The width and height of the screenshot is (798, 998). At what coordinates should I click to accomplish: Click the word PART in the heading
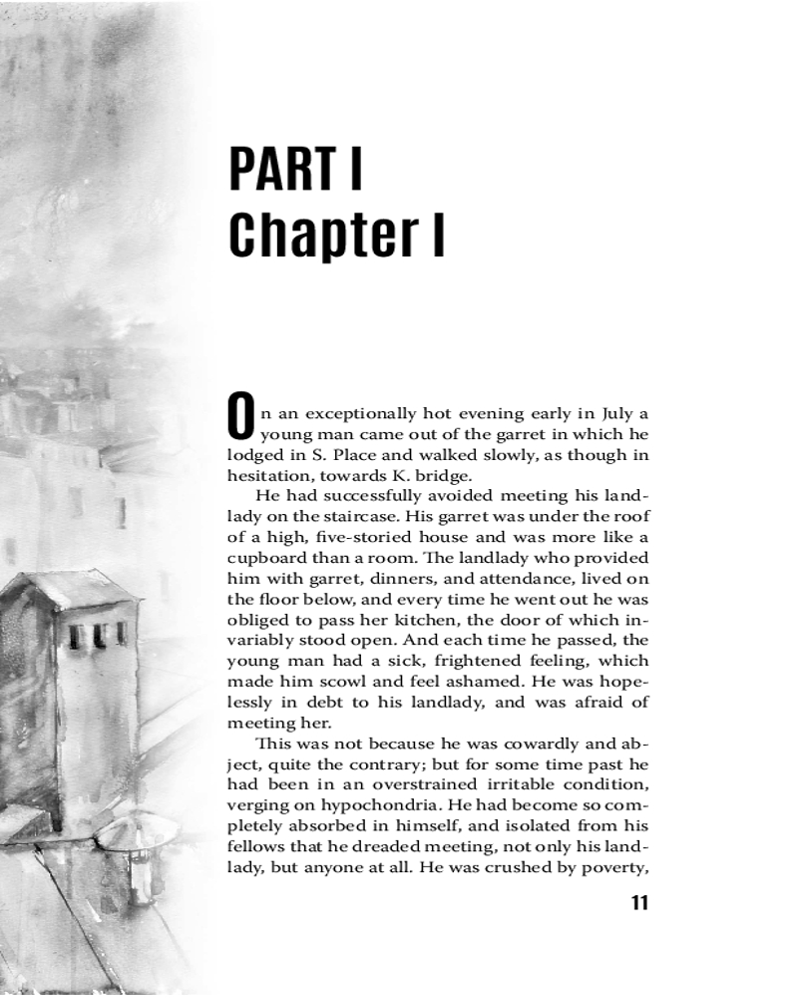(x=281, y=169)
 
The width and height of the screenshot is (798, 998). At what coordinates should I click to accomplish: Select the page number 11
(x=639, y=904)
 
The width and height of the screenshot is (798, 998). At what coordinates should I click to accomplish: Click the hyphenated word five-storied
(x=354, y=537)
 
